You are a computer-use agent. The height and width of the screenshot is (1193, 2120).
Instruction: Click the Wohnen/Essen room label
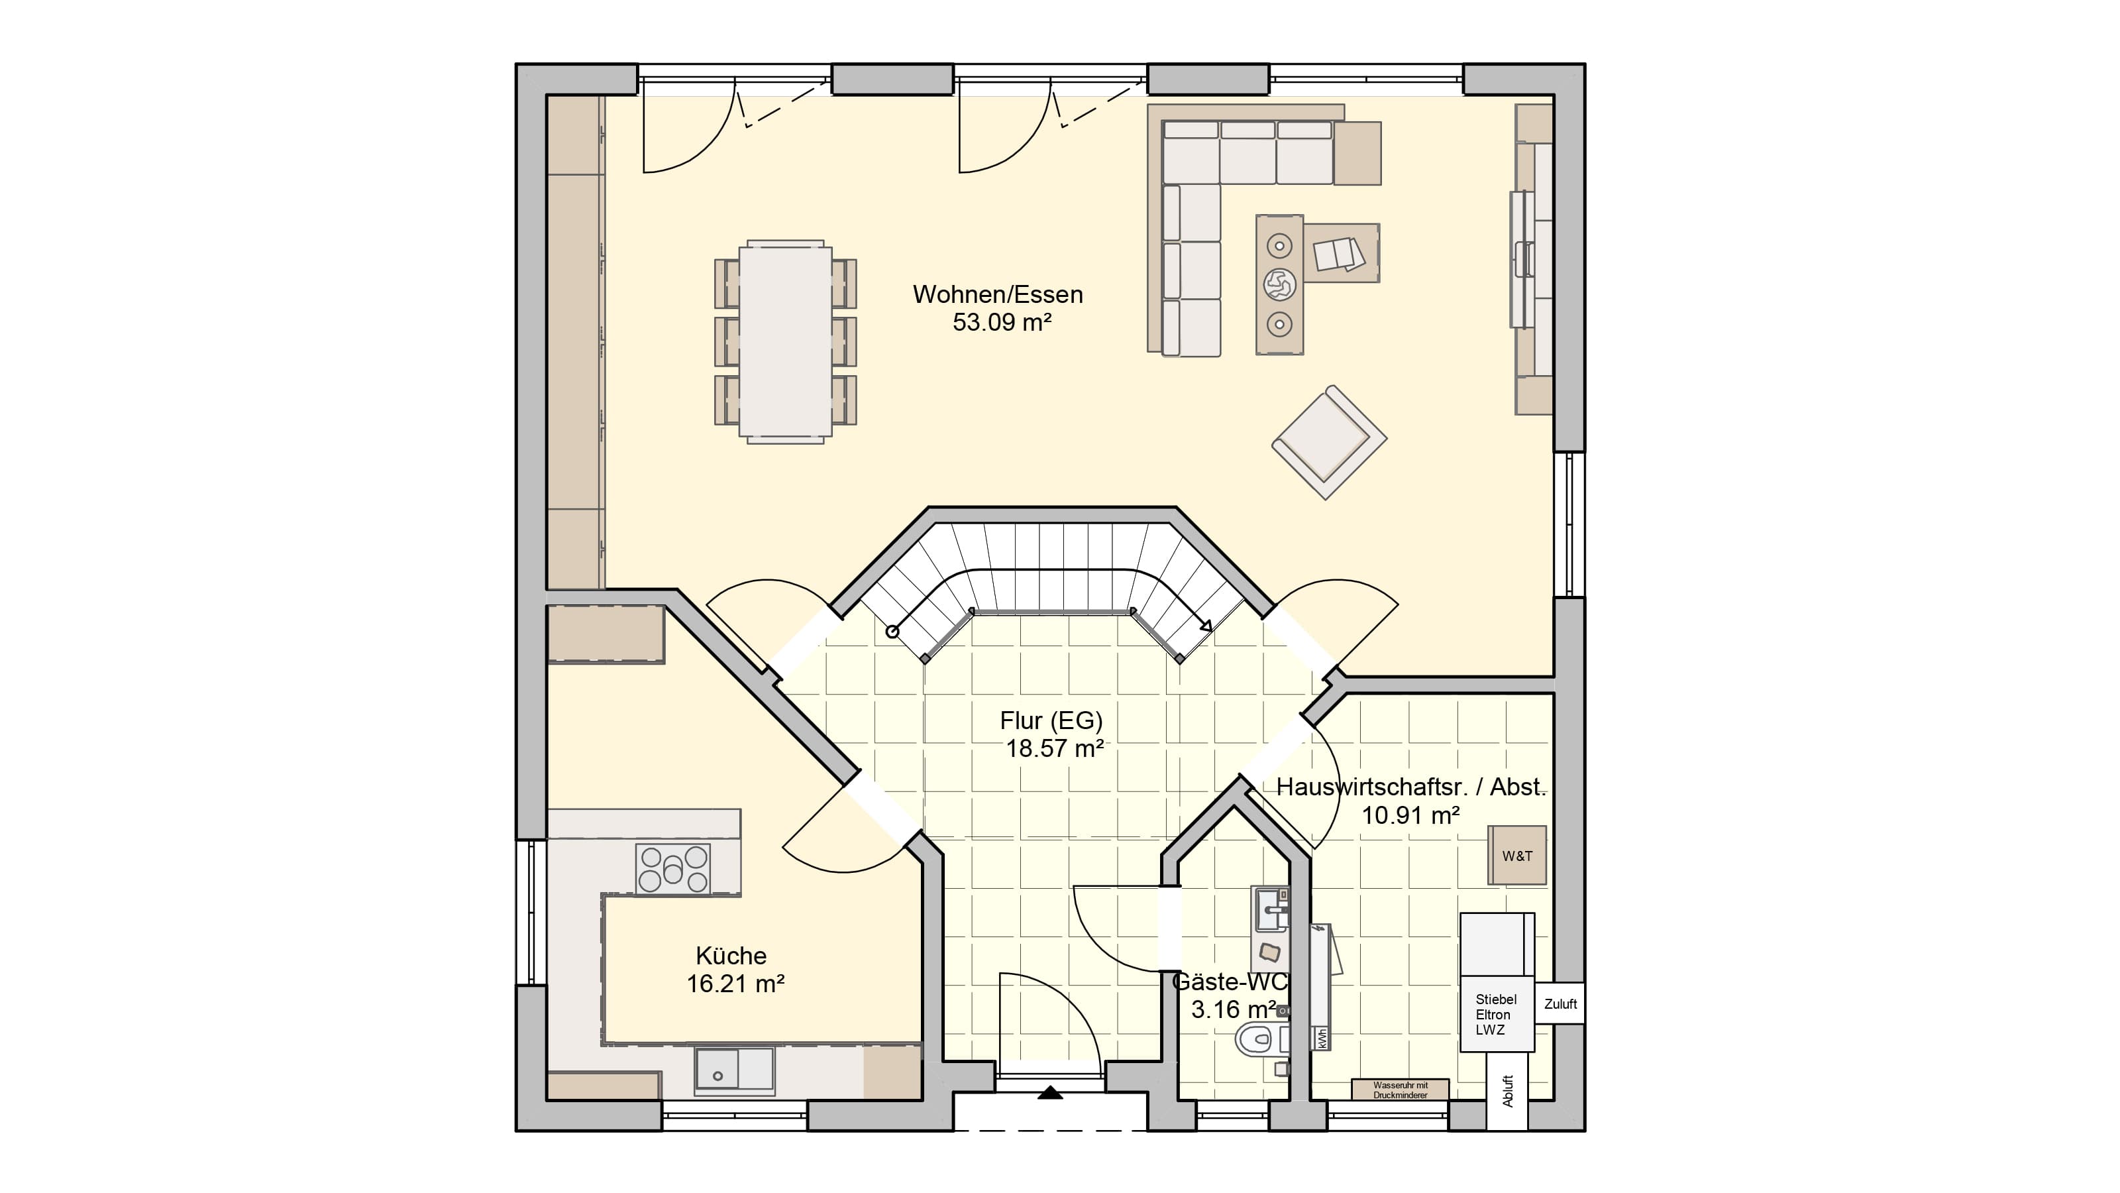[998, 295]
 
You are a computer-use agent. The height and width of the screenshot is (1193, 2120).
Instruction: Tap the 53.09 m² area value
[1002, 323]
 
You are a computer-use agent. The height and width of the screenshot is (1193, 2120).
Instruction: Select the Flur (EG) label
[1051, 720]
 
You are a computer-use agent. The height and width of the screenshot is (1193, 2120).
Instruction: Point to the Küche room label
[731, 956]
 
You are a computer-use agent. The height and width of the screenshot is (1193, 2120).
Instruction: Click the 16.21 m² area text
[735, 984]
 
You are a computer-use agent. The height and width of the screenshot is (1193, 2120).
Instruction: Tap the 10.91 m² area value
[1410, 815]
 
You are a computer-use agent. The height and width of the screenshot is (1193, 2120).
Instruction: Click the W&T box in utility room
[1516, 856]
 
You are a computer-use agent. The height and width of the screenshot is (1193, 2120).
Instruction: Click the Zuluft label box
[1560, 1003]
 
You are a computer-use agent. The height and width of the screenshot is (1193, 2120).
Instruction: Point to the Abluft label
[1508, 1091]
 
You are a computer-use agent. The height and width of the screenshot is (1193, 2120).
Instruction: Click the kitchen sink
[734, 1070]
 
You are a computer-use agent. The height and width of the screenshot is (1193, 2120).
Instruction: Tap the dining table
[785, 342]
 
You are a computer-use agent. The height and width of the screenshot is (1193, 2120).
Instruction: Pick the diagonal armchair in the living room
[1329, 442]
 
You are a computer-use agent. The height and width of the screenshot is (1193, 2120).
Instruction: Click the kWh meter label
[1321, 1038]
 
